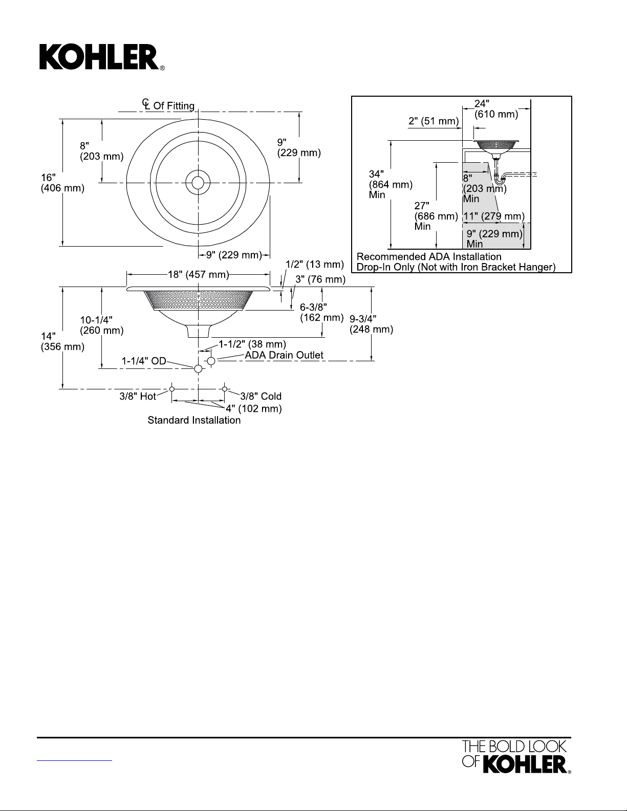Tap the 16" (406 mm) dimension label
point(62,183)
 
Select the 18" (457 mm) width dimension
point(198,275)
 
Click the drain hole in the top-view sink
point(198,182)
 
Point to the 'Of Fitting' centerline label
point(174,106)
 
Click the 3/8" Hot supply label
point(138,396)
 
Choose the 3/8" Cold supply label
point(261,396)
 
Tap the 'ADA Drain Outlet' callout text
point(284,355)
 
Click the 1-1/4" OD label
point(144,361)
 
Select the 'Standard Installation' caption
point(194,420)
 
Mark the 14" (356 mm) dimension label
point(62,341)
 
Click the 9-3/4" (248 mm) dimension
point(371,324)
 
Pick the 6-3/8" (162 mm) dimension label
point(321,312)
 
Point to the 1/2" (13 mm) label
point(314,265)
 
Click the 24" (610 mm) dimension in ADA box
point(496,109)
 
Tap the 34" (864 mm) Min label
point(391,184)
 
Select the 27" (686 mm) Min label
point(436,216)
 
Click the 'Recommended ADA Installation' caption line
point(429,256)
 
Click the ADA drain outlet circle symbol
point(211,361)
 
